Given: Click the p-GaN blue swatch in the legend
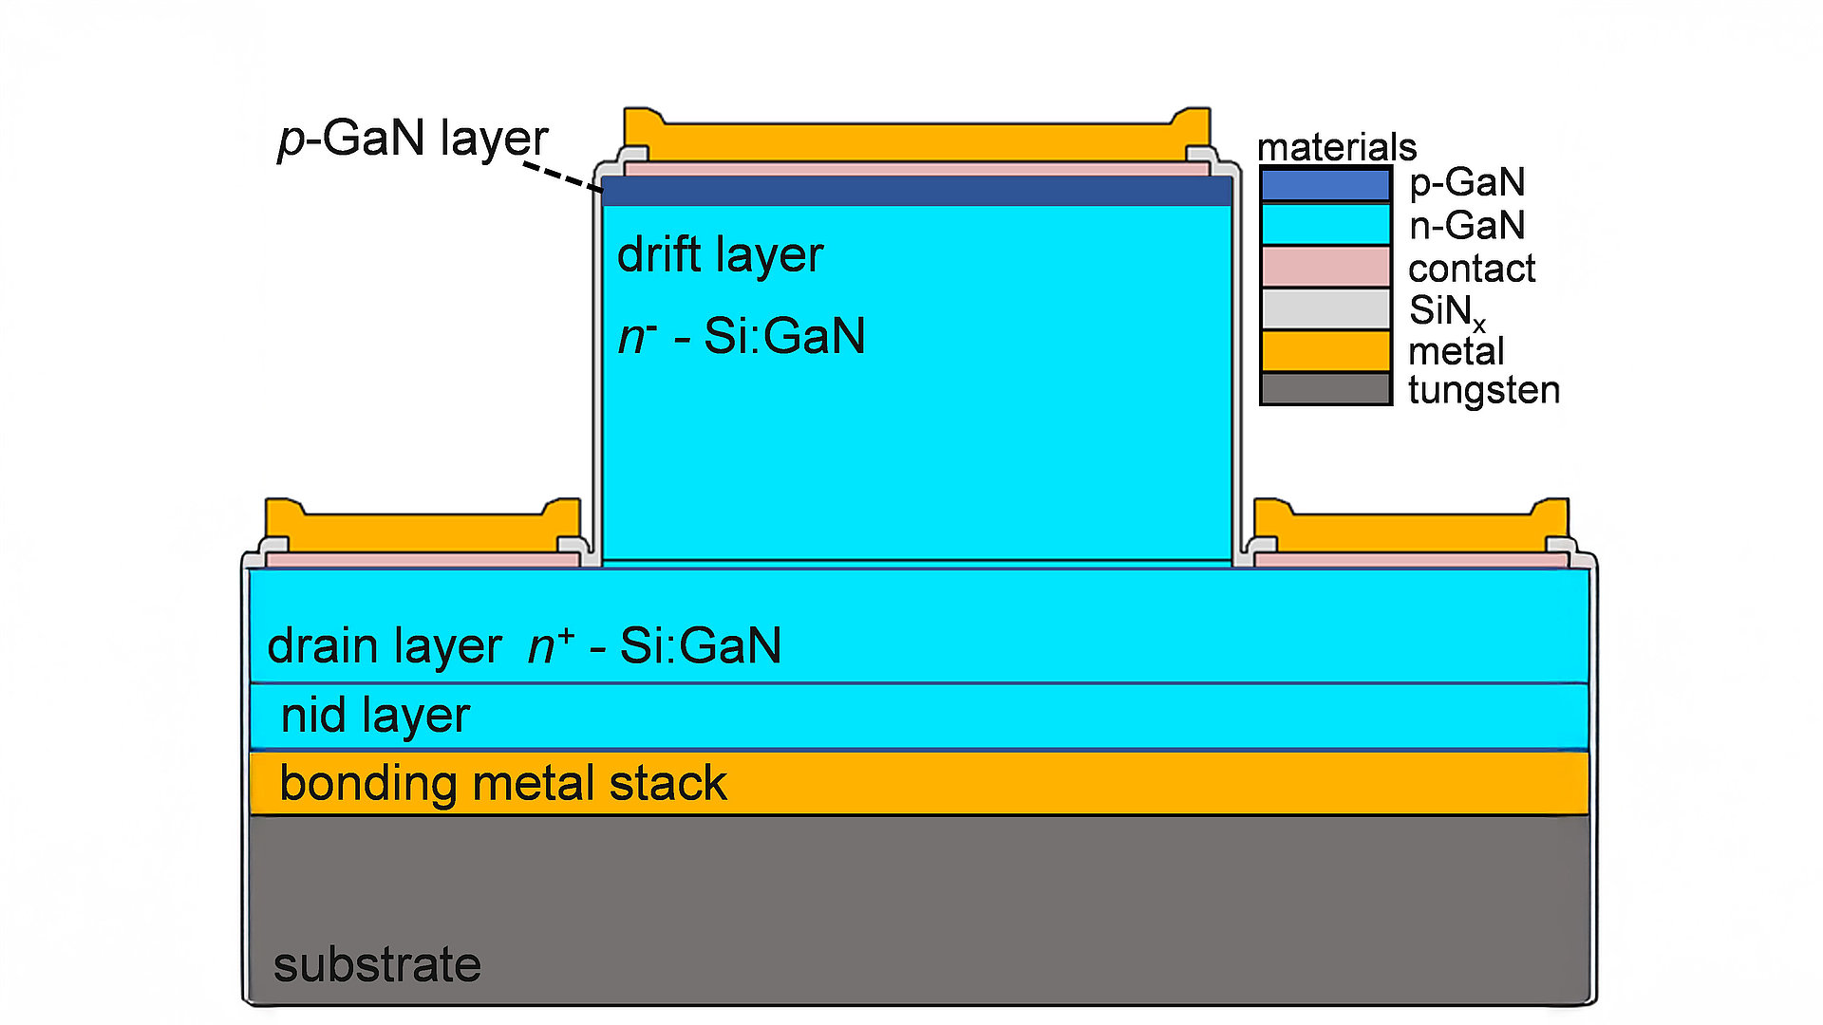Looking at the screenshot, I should click(1325, 184).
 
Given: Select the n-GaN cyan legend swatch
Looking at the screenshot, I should click(1325, 225).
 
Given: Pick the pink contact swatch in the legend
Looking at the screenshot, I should click(1325, 267).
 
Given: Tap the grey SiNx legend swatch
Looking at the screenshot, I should click(1325, 308).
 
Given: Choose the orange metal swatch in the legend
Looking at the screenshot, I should click(1325, 350).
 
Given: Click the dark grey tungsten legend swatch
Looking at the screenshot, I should click(1325, 389).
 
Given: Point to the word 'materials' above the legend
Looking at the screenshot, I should click(1336, 147).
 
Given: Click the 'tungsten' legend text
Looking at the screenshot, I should click(1483, 390).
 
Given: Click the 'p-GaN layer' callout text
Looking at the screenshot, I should click(413, 139).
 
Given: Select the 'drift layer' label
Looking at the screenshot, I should click(720, 255).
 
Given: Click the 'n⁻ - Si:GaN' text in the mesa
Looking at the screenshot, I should click(742, 336).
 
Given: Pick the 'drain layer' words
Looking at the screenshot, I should click(384, 646).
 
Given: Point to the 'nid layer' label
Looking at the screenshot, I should click(375, 716).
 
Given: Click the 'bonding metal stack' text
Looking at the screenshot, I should click(502, 784).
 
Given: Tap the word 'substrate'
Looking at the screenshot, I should click(377, 965).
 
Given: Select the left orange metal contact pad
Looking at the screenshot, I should click(423, 531).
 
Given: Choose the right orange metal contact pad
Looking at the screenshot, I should click(1411, 531).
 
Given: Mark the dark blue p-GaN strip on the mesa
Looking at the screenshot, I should click(916, 191).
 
